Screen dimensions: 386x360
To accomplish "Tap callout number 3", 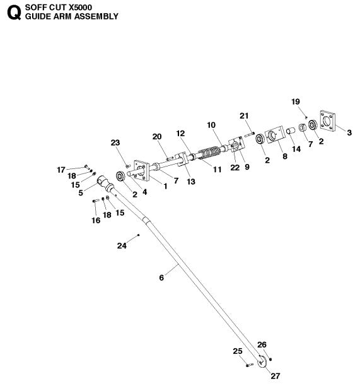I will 349,132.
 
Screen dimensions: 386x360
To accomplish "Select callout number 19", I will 296,102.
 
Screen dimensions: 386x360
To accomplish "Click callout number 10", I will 211,125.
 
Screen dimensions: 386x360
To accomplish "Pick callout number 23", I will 114,143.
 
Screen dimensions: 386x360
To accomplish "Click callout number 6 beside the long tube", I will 161,277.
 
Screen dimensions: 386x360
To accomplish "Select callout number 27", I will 274,376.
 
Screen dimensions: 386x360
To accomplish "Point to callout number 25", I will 237,351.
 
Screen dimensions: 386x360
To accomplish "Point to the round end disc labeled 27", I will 260,364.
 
